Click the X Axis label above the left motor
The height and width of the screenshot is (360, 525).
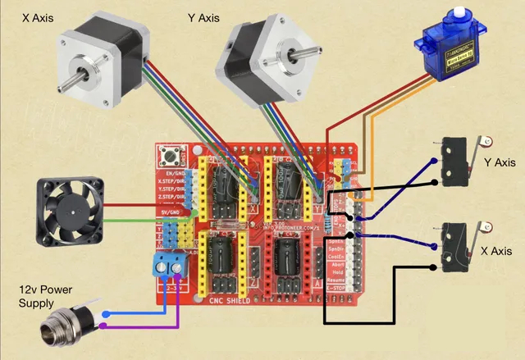34,16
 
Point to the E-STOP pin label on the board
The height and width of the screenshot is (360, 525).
336,288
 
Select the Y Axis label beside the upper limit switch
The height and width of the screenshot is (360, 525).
500,163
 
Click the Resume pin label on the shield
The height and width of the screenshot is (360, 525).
336,278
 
